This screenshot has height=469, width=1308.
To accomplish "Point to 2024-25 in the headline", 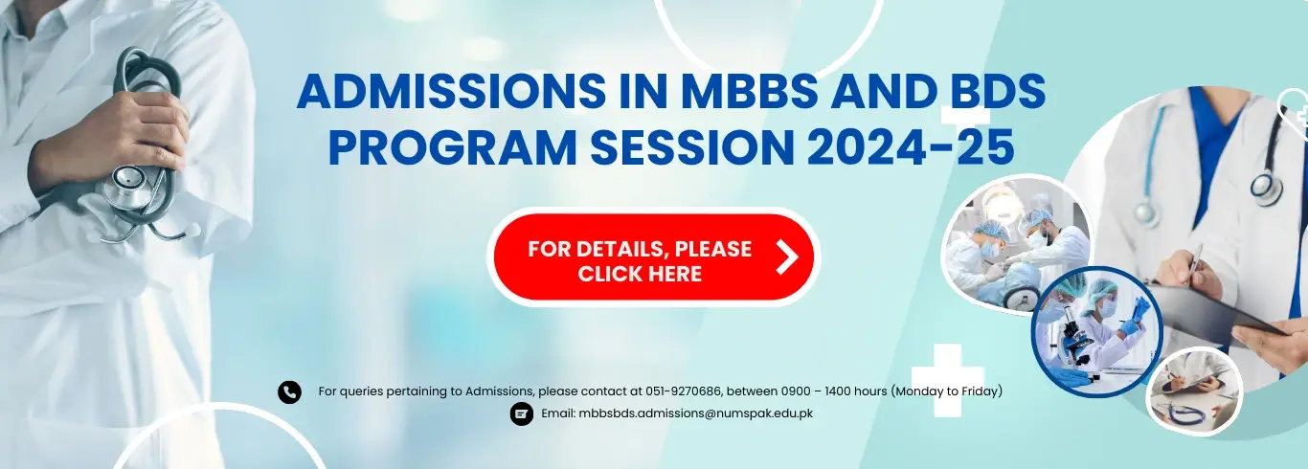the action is [911, 147].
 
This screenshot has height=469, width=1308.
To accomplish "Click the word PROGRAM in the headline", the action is [453, 147].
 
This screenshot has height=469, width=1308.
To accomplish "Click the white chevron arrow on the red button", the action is [786, 257].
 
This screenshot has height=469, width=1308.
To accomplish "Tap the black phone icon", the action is [289, 392].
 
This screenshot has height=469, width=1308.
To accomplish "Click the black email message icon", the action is [522, 414].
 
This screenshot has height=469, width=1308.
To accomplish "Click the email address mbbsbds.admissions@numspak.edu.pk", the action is [695, 413].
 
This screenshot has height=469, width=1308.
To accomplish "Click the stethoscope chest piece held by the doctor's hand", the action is [128, 187].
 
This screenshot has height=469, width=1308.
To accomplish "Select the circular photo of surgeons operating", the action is [1015, 246].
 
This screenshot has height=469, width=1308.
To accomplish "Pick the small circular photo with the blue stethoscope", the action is [1195, 391].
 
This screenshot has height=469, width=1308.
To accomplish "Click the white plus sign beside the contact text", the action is [947, 380].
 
